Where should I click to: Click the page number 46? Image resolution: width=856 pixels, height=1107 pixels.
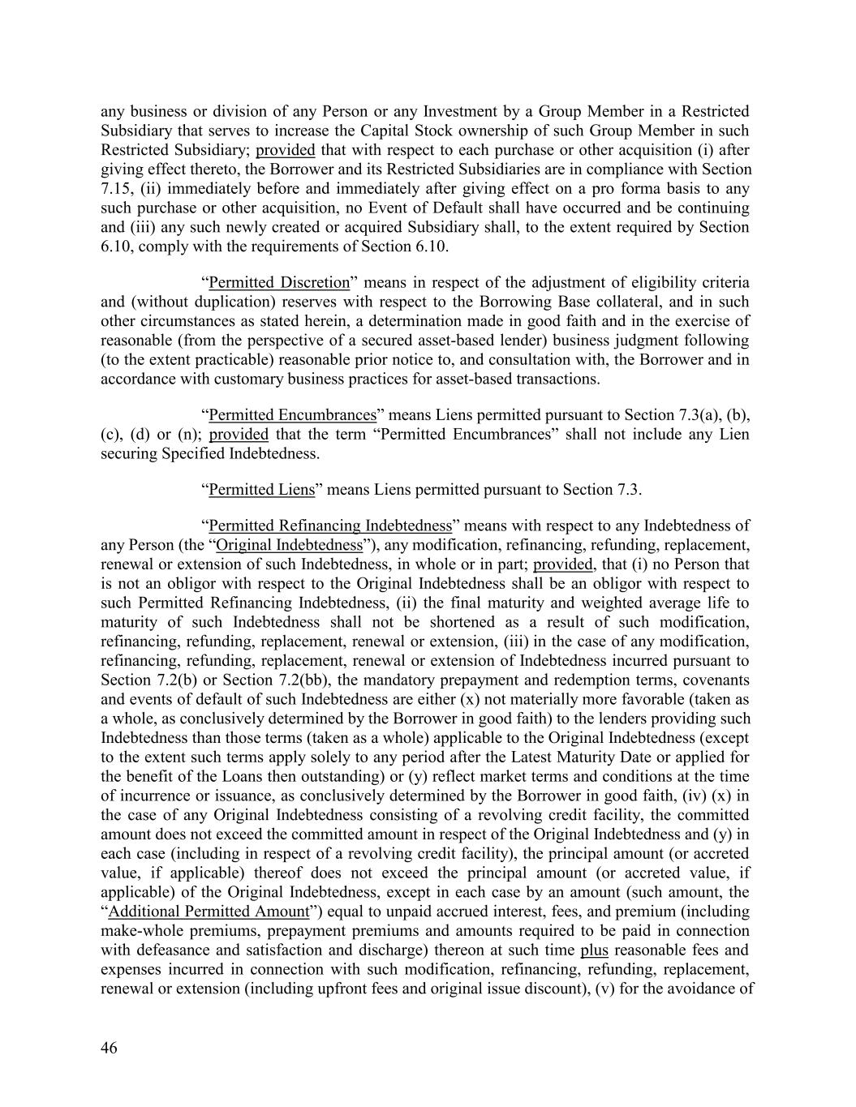[110, 1048]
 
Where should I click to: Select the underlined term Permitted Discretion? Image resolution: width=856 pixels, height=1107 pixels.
[279, 282]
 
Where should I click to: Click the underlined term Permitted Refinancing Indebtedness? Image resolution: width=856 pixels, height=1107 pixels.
[330, 526]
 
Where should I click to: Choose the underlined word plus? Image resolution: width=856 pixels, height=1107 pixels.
[594, 950]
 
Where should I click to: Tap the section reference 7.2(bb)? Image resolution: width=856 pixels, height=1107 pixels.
[241, 680]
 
